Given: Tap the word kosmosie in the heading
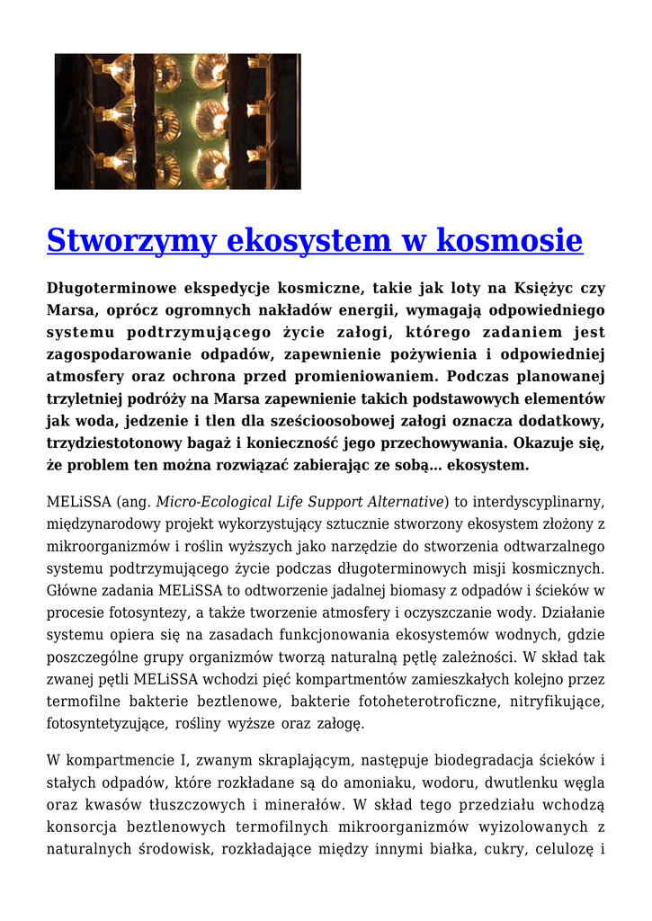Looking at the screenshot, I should (x=510, y=241).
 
